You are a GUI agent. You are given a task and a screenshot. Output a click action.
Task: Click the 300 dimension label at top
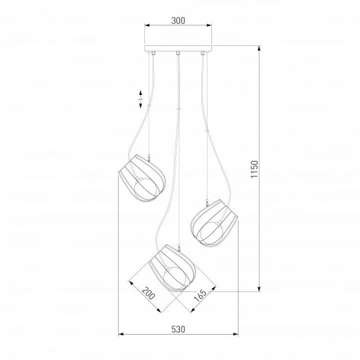click(178, 21)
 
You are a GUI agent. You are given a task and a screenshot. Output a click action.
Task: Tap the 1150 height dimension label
click(254, 169)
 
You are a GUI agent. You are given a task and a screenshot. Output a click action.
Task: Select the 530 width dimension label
click(178, 329)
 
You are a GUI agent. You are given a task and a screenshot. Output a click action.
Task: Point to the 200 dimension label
click(148, 293)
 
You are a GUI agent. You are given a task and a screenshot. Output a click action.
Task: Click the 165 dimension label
click(200, 296)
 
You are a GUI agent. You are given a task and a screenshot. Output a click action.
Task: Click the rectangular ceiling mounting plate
click(178, 48)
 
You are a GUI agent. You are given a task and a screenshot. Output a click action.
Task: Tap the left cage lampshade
click(142, 178)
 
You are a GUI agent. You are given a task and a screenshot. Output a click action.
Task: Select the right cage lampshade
click(214, 224)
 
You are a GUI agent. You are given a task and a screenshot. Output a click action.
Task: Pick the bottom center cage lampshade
click(172, 268)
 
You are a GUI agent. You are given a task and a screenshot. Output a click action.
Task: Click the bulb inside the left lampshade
click(146, 188)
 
